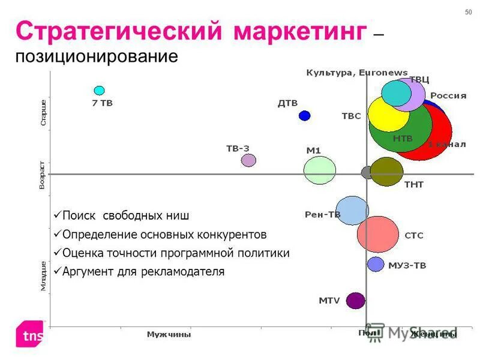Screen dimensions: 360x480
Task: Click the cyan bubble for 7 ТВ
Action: click(99, 91)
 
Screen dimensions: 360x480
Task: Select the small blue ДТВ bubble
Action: click(305, 115)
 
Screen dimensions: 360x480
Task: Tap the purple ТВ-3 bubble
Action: click(248, 160)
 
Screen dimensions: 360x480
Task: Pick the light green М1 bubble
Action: click(319, 170)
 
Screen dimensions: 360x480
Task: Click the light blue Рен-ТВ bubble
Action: click(352, 211)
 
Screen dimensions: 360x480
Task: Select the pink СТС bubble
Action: click(378, 235)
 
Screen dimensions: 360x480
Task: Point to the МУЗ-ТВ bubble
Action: click(376, 264)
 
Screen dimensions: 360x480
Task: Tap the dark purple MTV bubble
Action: click(356, 301)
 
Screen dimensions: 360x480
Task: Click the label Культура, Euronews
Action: click(357, 73)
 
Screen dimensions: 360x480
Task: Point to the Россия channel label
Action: click(448, 95)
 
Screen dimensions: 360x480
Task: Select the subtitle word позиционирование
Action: click(97, 58)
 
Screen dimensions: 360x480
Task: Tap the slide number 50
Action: click(468, 13)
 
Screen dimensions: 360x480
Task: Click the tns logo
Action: click(31, 335)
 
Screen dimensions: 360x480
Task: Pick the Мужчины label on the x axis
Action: click(169, 334)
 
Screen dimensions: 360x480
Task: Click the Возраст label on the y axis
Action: click(42, 175)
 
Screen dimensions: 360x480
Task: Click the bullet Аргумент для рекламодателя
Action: click(143, 272)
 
